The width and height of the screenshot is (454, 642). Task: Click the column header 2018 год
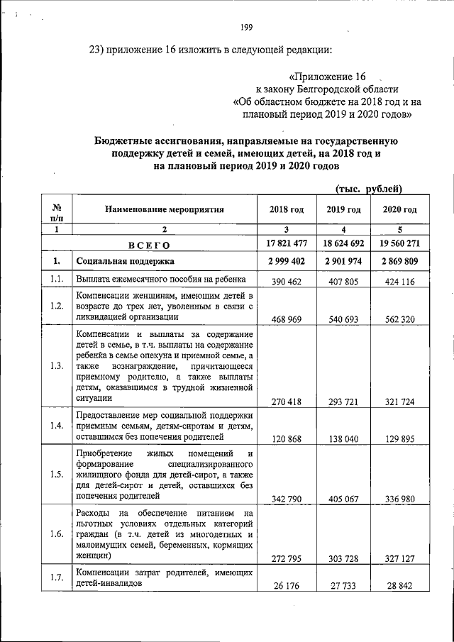tap(287, 210)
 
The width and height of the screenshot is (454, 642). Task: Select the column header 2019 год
tap(344, 210)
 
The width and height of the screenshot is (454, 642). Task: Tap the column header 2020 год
tap(399, 210)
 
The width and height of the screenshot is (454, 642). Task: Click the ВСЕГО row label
tap(149, 245)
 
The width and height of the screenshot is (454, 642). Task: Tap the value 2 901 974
tap(344, 262)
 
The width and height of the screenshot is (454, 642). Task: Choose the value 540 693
tap(344, 319)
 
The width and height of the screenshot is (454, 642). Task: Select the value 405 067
tap(344, 499)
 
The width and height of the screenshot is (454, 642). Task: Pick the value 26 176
tap(287, 585)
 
